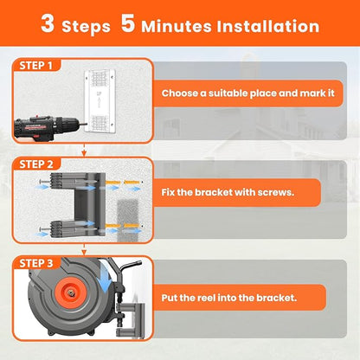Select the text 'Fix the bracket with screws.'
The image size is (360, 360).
228,192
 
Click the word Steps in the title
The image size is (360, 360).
85,26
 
